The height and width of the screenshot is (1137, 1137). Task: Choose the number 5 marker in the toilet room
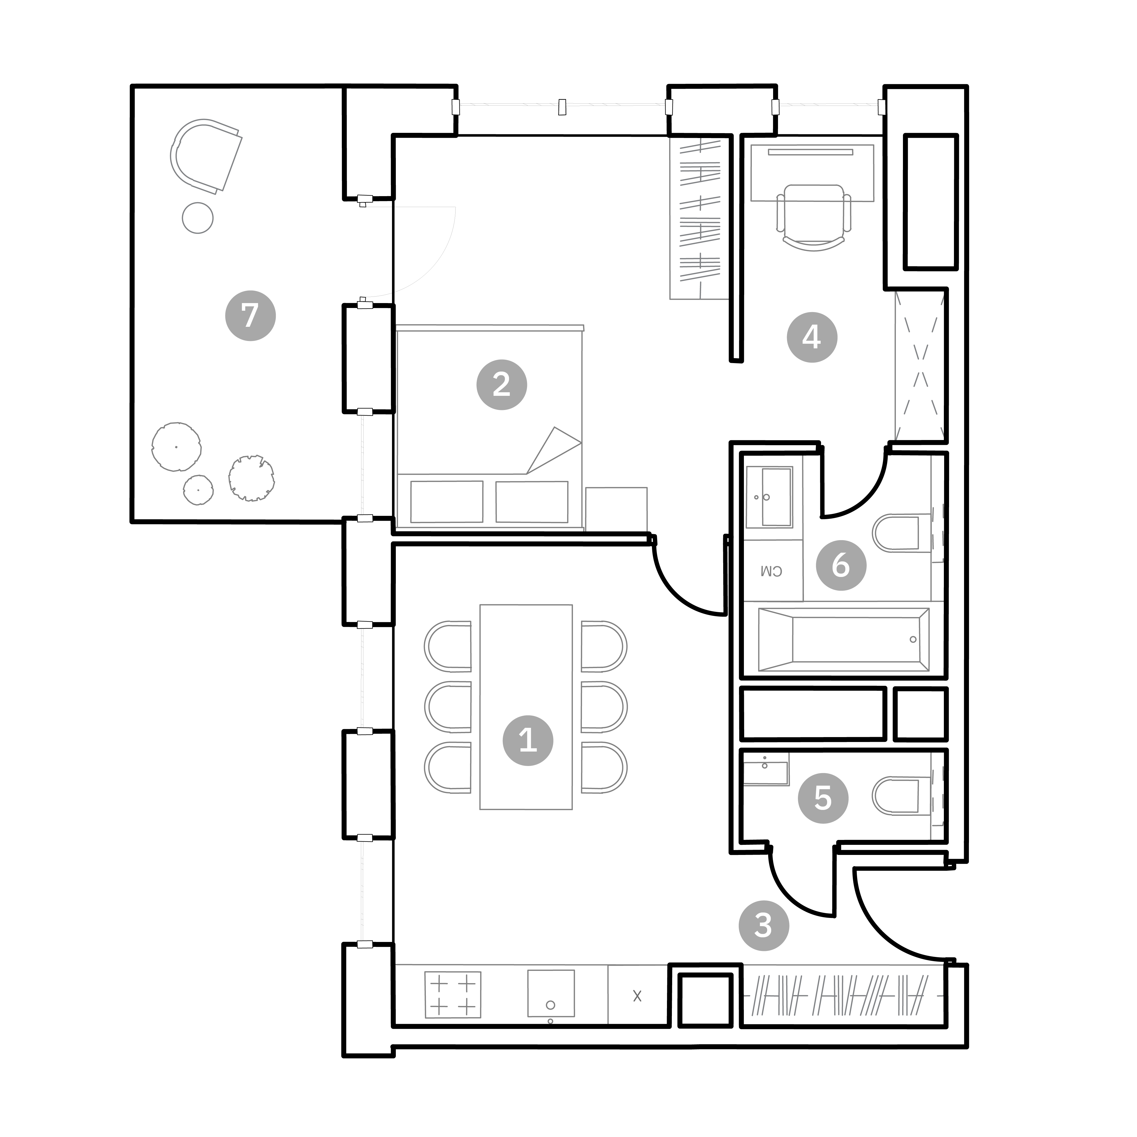[823, 798]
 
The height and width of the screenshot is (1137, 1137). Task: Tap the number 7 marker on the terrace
[251, 315]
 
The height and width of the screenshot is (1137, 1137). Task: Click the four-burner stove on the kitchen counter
[453, 995]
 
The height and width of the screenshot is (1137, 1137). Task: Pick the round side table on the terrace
[198, 218]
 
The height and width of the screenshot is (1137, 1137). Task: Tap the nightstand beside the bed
[616, 509]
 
